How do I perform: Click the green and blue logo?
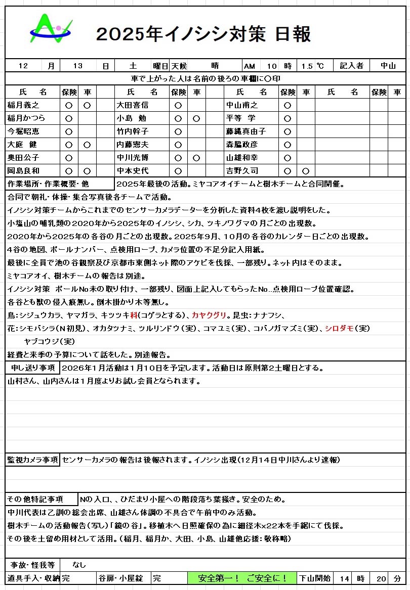click(x=51, y=29)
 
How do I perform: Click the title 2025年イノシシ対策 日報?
click(x=203, y=34)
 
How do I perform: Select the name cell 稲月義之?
click(x=23, y=105)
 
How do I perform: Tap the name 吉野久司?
click(x=242, y=171)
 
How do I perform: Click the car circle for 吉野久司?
click(x=306, y=171)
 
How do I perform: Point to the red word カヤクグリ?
click(x=209, y=315)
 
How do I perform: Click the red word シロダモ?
click(x=339, y=328)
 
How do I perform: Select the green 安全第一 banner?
click(x=242, y=578)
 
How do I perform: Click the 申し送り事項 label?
click(x=33, y=368)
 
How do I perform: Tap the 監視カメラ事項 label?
click(x=32, y=460)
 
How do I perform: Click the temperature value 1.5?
click(x=307, y=66)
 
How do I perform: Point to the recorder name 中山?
click(x=388, y=66)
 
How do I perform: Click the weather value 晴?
click(x=215, y=66)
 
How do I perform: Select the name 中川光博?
click(x=133, y=158)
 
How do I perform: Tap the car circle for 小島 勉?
click(x=196, y=118)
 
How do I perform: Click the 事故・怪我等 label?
click(x=32, y=565)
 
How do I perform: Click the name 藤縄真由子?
click(x=245, y=131)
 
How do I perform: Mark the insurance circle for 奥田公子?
click(x=69, y=158)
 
